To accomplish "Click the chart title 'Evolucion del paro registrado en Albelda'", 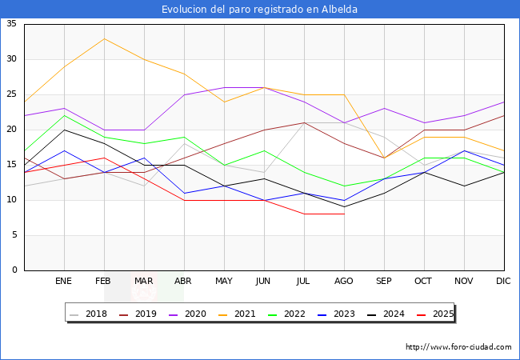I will coord(260,9).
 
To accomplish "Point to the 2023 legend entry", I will coord(342,314).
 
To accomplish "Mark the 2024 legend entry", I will coord(392,314).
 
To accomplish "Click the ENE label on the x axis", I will coord(64,282).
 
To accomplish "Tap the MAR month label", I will coord(144,282).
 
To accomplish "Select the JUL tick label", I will coord(304,282).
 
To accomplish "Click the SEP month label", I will coord(384,282).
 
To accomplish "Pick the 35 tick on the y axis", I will coord(12,24).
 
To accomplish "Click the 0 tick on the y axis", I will coord(14,270).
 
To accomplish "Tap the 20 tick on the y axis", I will coord(12,130).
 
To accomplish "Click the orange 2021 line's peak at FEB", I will coord(104,38).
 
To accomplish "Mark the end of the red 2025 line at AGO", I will coord(344,214).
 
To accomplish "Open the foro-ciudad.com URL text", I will coord(458,347).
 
